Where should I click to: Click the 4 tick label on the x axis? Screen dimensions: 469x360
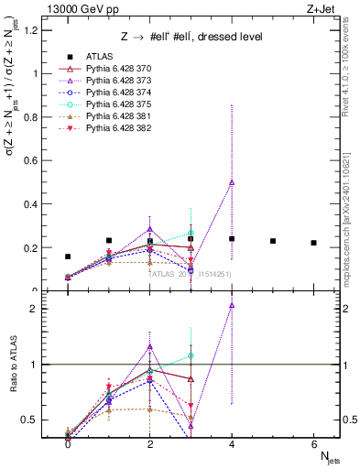(x=232, y=445)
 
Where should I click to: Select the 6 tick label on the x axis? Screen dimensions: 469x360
(x=313, y=445)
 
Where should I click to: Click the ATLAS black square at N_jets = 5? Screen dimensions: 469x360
(x=273, y=241)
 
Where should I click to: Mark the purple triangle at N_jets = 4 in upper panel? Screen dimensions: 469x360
(x=232, y=182)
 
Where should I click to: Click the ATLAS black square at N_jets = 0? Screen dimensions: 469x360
(x=68, y=257)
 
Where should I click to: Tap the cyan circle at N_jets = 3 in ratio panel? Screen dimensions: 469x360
(x=191, y=355)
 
